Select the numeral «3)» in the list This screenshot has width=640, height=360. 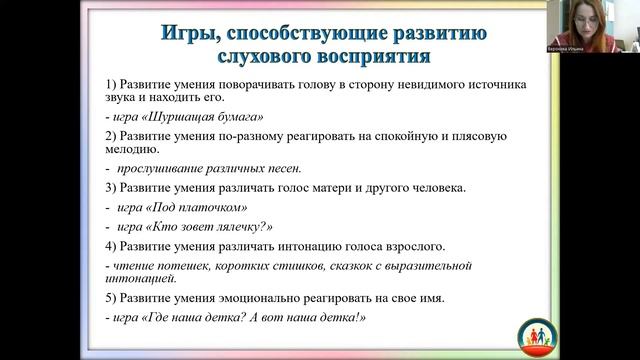(111, 188)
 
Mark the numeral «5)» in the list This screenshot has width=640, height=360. (111, 298)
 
